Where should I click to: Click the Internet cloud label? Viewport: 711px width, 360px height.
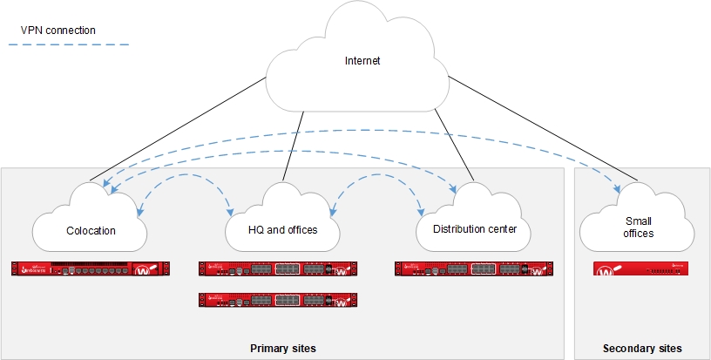(x=362, y=61)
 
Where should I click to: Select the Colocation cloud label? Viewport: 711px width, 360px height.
(x=91, y=231)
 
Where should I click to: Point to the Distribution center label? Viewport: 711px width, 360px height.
(x=468, y=230)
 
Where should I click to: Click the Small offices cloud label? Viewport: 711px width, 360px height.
(x=640, y=228)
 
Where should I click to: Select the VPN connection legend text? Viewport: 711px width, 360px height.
(x=58, y=31)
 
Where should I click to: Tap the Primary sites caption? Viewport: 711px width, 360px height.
(x=282, y=348)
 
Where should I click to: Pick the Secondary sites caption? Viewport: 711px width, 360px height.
(x=642, y=348)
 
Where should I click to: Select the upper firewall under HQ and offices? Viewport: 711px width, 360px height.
(x=277, y=268)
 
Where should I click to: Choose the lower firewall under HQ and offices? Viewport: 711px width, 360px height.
(x=277, y=300)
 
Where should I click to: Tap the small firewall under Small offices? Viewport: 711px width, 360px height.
(x=640, y=269)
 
